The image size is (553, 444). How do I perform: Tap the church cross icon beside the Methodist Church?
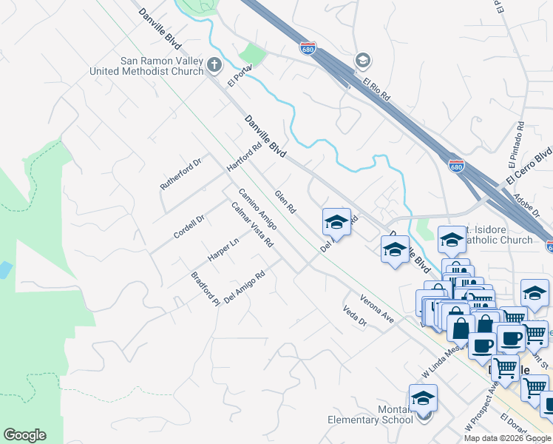(214, 66)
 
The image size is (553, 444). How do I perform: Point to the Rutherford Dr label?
(181, 174)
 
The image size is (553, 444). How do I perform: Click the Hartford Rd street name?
(245, 158)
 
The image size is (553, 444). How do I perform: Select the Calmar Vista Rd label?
(252, 224)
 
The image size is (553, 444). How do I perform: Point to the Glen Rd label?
(285, 201)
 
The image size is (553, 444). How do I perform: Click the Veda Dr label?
(355, 317)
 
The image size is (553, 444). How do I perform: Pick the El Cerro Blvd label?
(529, 169)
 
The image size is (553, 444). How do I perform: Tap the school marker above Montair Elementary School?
(423, 397)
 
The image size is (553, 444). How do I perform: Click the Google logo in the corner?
(24, 435)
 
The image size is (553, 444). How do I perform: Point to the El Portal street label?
(241, 75)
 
